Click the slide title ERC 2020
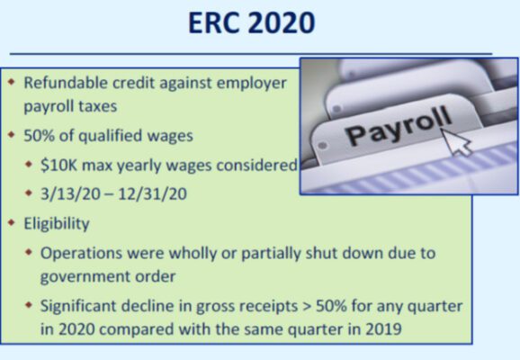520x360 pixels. [x=251, y=23]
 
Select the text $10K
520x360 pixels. [x=60, y=165]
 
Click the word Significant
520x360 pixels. [x=84, y=306]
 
